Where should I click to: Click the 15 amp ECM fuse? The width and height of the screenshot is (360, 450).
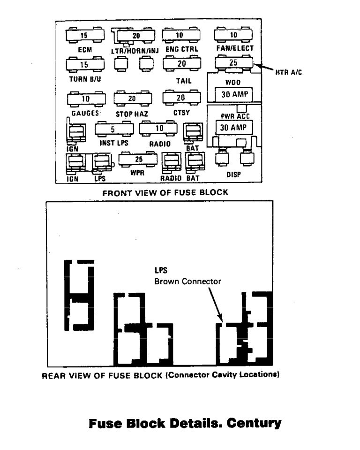click(x=85, y=35)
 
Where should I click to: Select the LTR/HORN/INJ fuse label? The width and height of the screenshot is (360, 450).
click(x=135, y=49)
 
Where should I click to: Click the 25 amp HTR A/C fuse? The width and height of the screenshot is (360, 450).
click(x=233, y=62)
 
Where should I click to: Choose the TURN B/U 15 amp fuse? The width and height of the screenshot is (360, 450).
click(x=85, y=64)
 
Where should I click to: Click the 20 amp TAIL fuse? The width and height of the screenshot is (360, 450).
click(x=181, y=63)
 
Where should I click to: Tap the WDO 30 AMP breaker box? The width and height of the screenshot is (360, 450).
click(x=233, y=94)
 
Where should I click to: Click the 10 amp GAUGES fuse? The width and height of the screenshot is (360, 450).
click(x=86, y=99)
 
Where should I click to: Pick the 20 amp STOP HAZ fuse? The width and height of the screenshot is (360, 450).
click(x=133, y=99)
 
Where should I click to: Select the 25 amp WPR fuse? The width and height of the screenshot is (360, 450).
click(x=138, y=160)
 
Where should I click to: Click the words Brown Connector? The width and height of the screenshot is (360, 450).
click(x=187, y=281)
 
